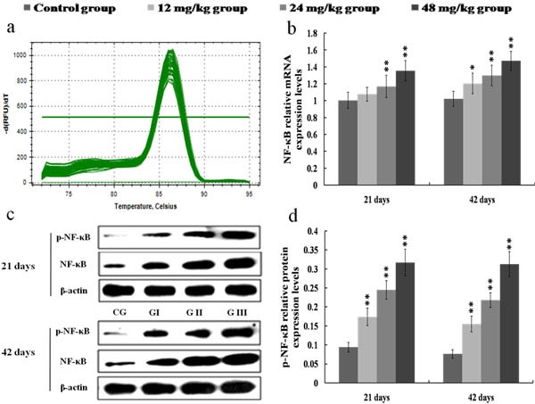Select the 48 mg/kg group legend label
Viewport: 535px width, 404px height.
coord(480,9)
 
